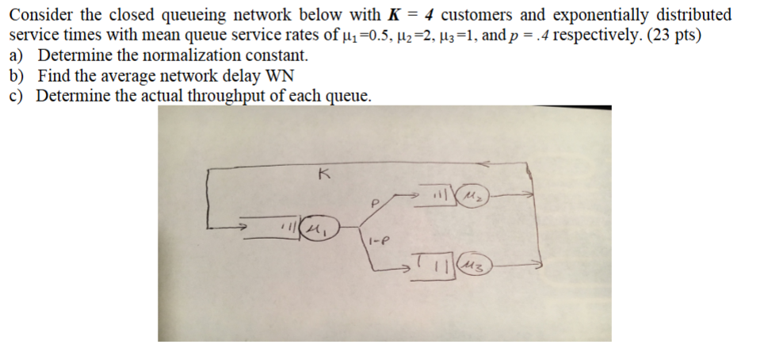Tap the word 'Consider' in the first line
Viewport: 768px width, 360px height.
40,15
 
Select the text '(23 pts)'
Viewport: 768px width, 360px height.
672,36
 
